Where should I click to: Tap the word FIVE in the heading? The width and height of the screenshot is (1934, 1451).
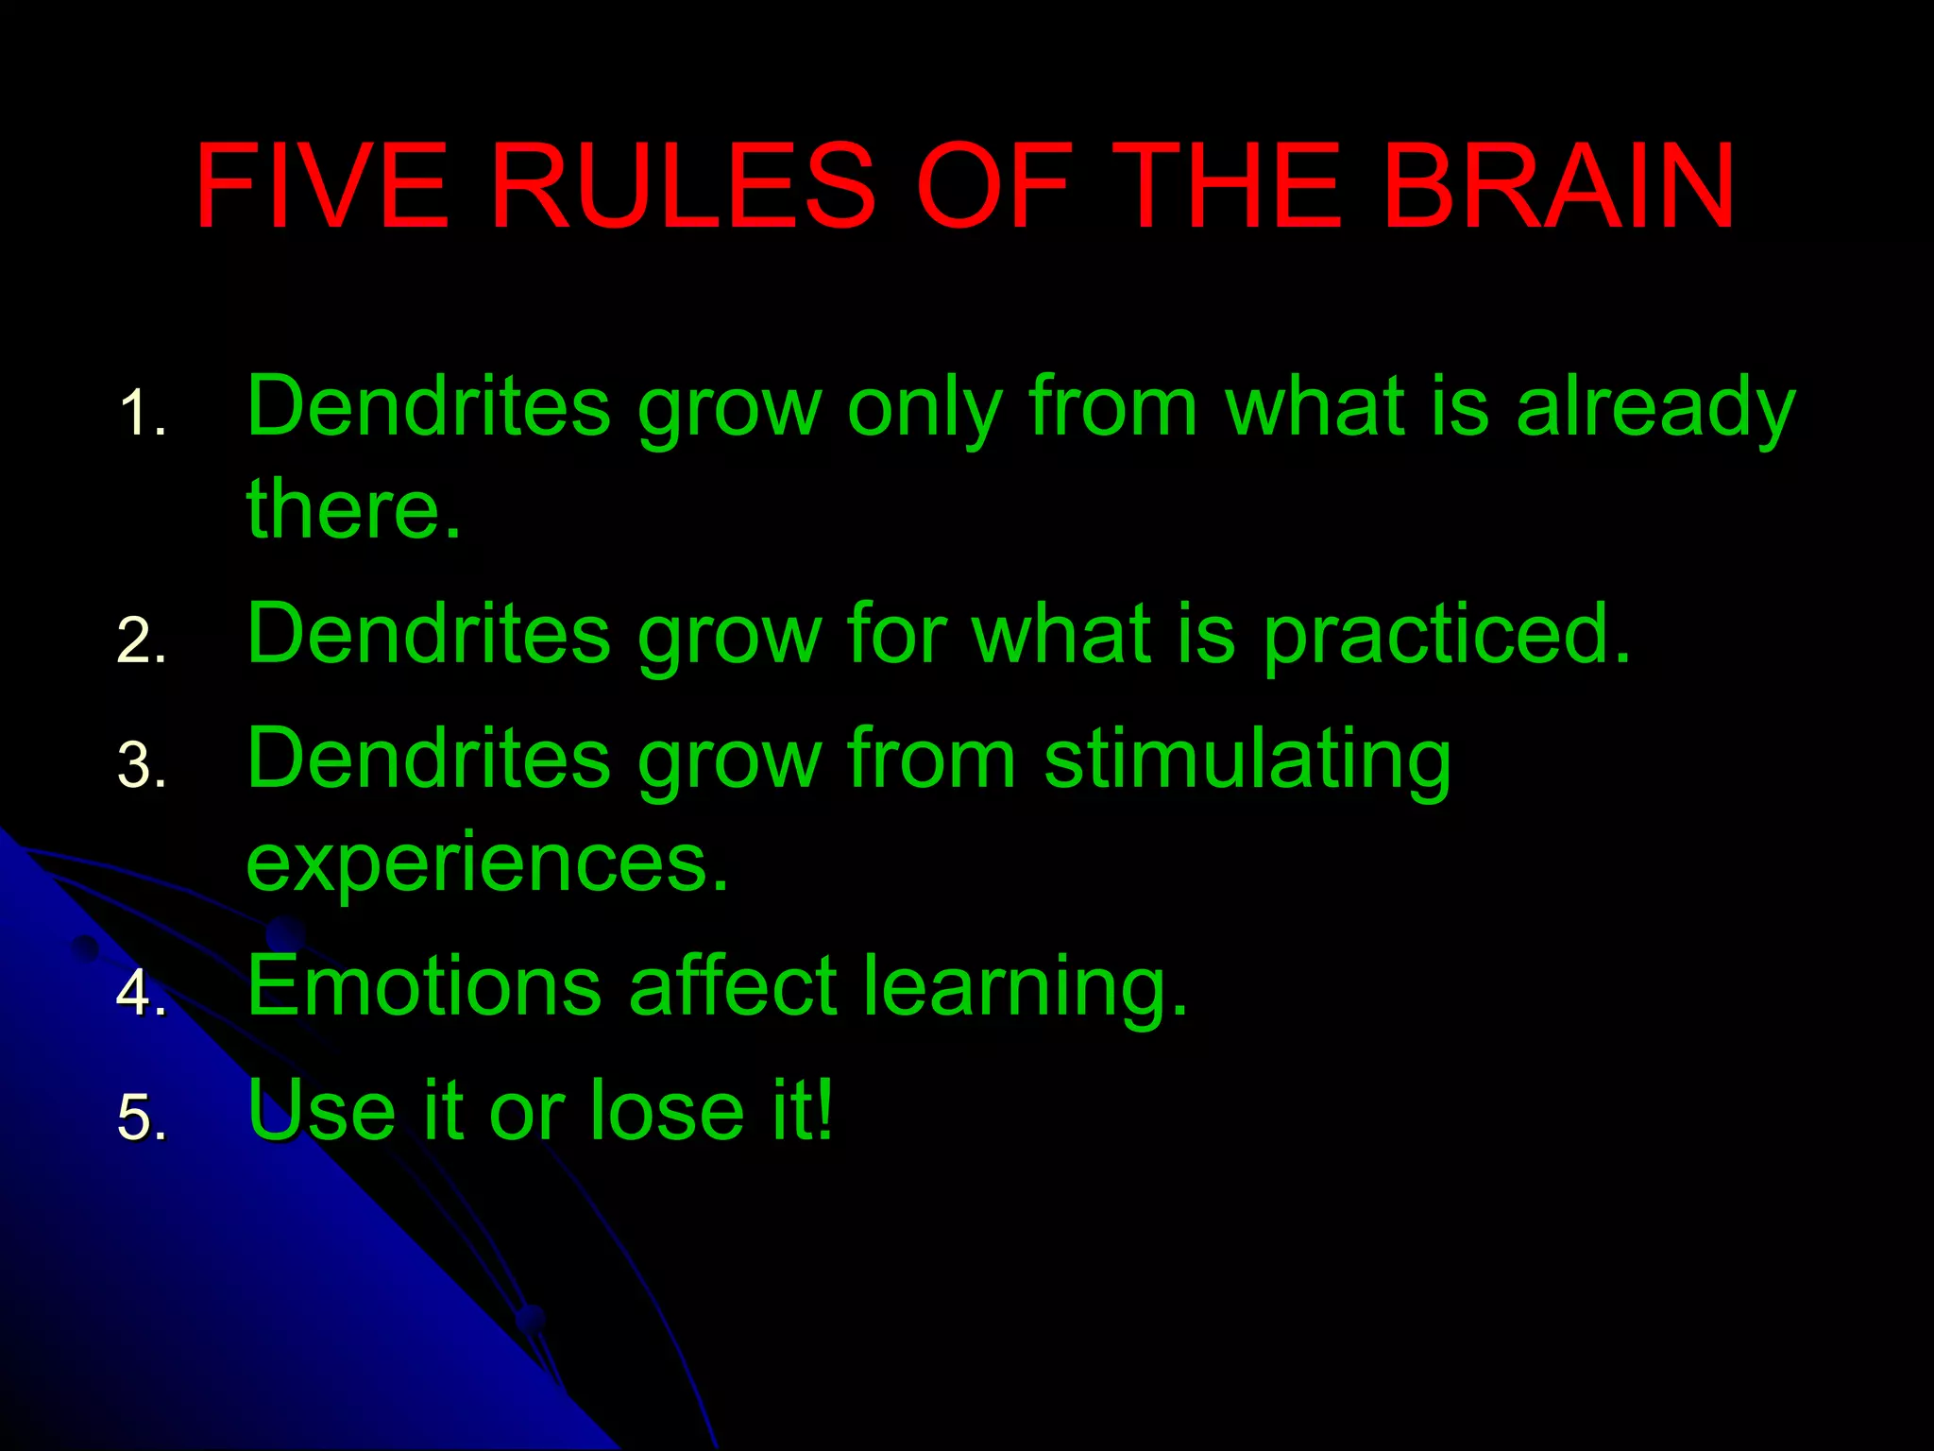pyautogui.click(x=321, y=186)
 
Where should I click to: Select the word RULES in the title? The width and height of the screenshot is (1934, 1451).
pyautogui.click(x=682, y=186)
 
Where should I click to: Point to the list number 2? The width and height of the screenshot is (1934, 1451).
pyautogui.click(x=142, y=641)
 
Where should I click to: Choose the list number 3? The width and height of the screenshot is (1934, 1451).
pyautogui.click(x=142, y=765)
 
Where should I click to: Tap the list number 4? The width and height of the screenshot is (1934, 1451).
pyautogui.click(x=142, y=993)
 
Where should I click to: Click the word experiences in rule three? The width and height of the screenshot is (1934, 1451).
pyautogui.click(x=487, y=862)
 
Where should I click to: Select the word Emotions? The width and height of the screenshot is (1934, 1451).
pyautogui.click(x=424, y=986)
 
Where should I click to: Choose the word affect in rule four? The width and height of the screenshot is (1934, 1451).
pyautogui.click(x=733, y=986)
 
